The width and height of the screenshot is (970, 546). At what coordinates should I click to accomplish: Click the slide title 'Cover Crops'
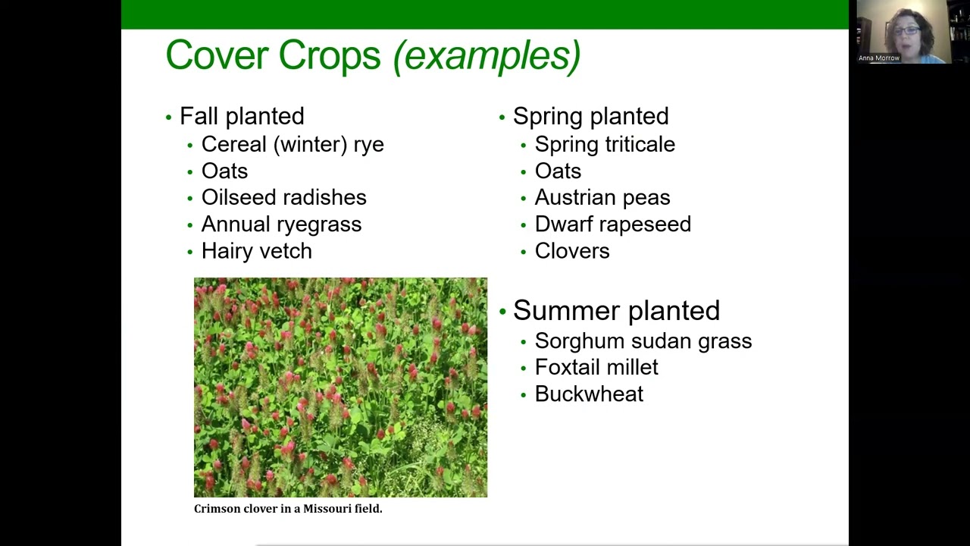[x=273, y=55]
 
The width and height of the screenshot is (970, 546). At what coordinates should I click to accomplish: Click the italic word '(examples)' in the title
[x=487, y=55]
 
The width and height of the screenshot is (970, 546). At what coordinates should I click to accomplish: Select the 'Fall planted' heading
[x=242, y=116]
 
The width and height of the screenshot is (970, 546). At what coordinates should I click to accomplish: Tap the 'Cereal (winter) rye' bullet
[x=293, y=144]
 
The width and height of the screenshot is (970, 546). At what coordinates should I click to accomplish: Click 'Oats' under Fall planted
[x=224, y=171]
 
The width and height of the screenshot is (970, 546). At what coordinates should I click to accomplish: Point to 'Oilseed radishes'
[x=283, y=197]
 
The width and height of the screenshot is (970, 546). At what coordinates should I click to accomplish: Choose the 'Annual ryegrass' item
[x=281, y=224]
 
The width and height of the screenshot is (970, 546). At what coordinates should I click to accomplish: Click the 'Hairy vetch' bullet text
[x=256, y=251]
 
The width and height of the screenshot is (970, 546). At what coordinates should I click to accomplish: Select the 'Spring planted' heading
[x=590, y=116]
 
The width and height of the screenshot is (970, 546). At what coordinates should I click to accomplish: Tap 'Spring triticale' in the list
[x=605, y=144]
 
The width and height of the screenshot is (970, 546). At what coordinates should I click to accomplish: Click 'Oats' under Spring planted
[x=558, y=171]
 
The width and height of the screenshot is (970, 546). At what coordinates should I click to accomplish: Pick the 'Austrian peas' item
[x=602, y=197]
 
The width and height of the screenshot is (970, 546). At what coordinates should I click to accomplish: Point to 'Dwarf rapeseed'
[x=612, y=224]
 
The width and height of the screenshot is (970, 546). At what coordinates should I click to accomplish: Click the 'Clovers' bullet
[x=572, y=251]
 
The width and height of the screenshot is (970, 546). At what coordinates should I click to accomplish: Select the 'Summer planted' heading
[x=616, y=310]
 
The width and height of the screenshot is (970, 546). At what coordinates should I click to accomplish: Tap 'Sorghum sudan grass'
[x=643, y=341]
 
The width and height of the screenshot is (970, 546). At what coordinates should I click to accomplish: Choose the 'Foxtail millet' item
[x=596, y=367]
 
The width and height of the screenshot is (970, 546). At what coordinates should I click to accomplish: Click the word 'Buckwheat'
[x=589, y=394]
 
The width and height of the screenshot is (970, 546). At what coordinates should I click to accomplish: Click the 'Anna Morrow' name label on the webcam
[x=879, y=58]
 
